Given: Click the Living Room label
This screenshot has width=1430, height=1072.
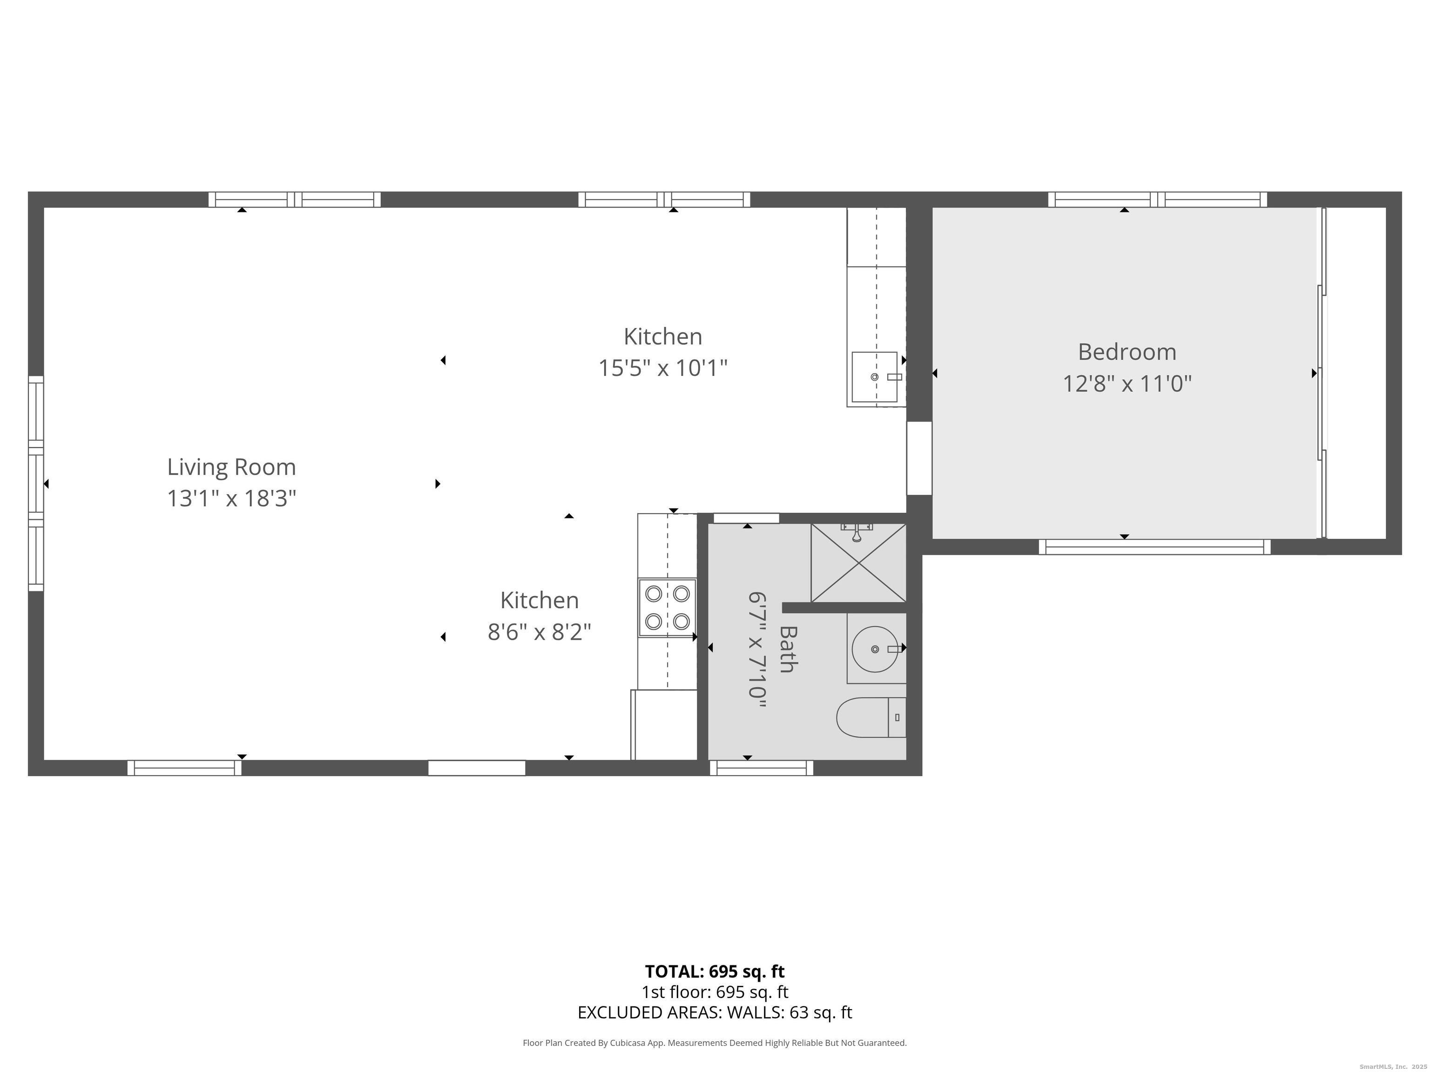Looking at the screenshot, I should click(231, 467).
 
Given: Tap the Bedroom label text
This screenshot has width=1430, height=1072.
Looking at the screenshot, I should click(1127, 352).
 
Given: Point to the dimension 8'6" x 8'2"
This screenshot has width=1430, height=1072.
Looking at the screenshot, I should click(539, 632).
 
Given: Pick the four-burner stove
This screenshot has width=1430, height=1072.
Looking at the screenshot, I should click(667, 607).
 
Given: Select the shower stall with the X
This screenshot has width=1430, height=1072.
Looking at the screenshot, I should click(858, 563).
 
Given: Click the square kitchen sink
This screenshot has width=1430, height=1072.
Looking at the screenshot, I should click(874, 377).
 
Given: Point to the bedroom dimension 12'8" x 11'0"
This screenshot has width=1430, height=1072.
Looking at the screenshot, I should click(1127, 384).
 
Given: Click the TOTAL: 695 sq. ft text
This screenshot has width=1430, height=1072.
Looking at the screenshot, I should click(715, 971).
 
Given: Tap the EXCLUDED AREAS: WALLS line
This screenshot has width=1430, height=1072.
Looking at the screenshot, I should click(715, 1012).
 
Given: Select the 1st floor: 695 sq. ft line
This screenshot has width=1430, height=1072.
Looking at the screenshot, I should click(715, 992).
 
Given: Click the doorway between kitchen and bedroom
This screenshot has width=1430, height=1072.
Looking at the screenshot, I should click(918, 458).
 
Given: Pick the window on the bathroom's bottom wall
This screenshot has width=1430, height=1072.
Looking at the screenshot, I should click(762, 768).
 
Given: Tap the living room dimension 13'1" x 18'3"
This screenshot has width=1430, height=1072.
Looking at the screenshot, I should click(231, 499).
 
